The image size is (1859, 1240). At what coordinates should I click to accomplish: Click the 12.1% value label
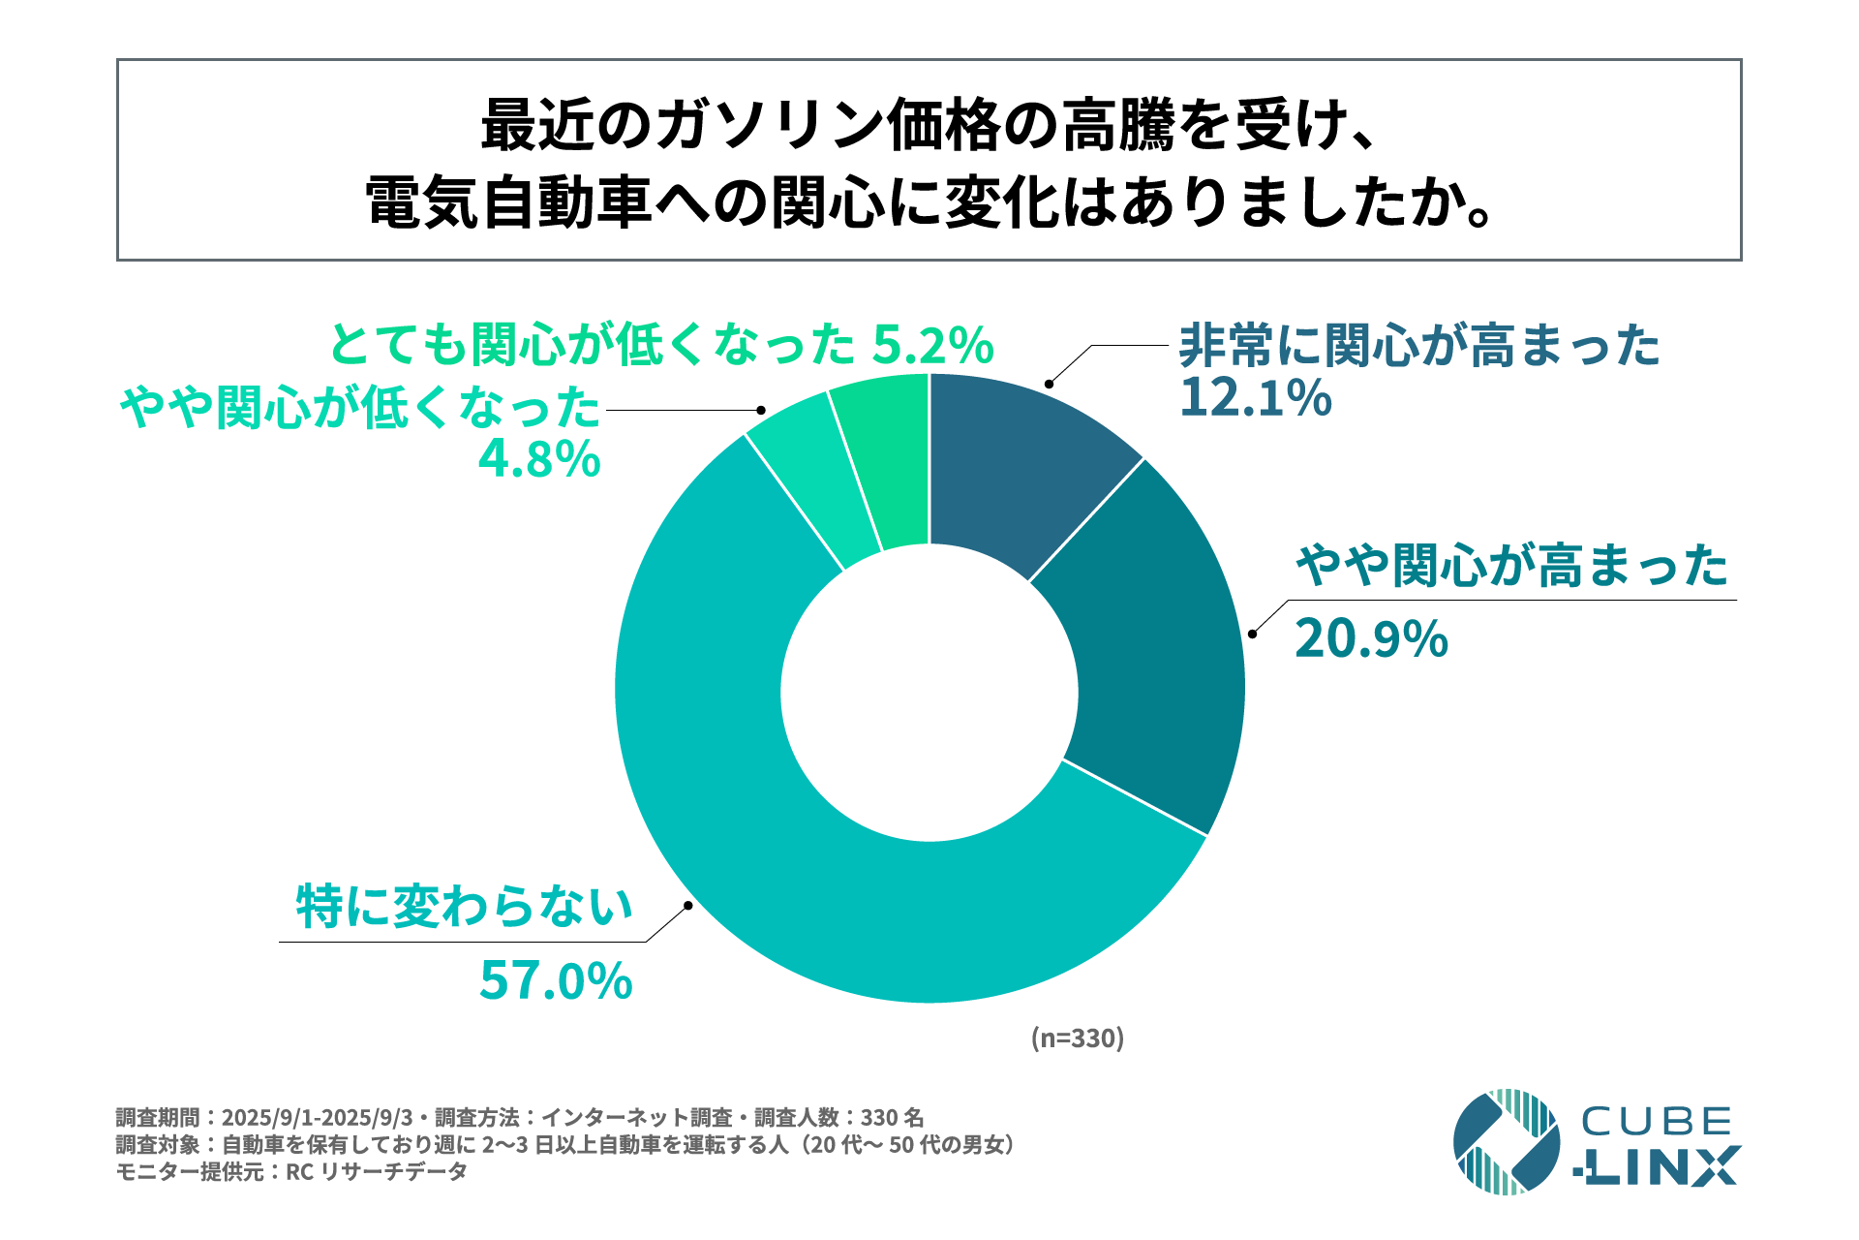click(1255, 398)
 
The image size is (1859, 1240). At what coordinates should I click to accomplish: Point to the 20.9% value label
click(1371, 639)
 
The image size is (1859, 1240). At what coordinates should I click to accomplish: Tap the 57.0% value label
click(556, 980)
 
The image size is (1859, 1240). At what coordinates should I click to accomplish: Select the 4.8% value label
click(539, 459)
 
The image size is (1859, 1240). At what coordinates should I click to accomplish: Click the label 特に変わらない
click(465, 907)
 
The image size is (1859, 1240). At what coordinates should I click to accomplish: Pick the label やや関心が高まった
click(1511, 566)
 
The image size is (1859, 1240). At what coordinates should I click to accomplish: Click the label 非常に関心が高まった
click(1419, 346)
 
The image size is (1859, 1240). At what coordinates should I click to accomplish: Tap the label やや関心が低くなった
click(360, 408)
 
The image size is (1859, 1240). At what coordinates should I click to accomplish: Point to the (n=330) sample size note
click(1077, 1038)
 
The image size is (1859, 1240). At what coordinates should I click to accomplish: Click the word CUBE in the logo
click(1657, 1122)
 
